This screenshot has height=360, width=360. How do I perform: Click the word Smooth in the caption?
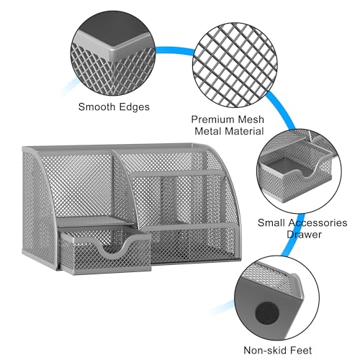pos(97,107)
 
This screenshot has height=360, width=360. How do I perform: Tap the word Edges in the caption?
pos(135,107)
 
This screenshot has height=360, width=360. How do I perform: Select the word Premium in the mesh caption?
pos(212,120)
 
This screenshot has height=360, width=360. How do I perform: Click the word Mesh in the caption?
pos(251,120)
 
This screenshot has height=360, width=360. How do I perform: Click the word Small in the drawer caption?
pos(271,222)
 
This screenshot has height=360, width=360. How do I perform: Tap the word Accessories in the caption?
pos(318,223)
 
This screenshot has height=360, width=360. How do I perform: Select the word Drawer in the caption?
pos(304,235)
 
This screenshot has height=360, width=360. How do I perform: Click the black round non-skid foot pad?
pos(267,313)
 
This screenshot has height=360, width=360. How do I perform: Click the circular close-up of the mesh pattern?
pos(235,65)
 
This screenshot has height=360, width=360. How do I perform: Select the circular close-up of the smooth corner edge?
pos(113,53)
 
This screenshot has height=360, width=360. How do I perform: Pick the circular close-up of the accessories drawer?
pos(299,171)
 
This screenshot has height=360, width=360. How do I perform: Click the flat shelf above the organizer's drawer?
pos(94,221)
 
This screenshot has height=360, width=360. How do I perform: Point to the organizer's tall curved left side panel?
pos(38,204)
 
